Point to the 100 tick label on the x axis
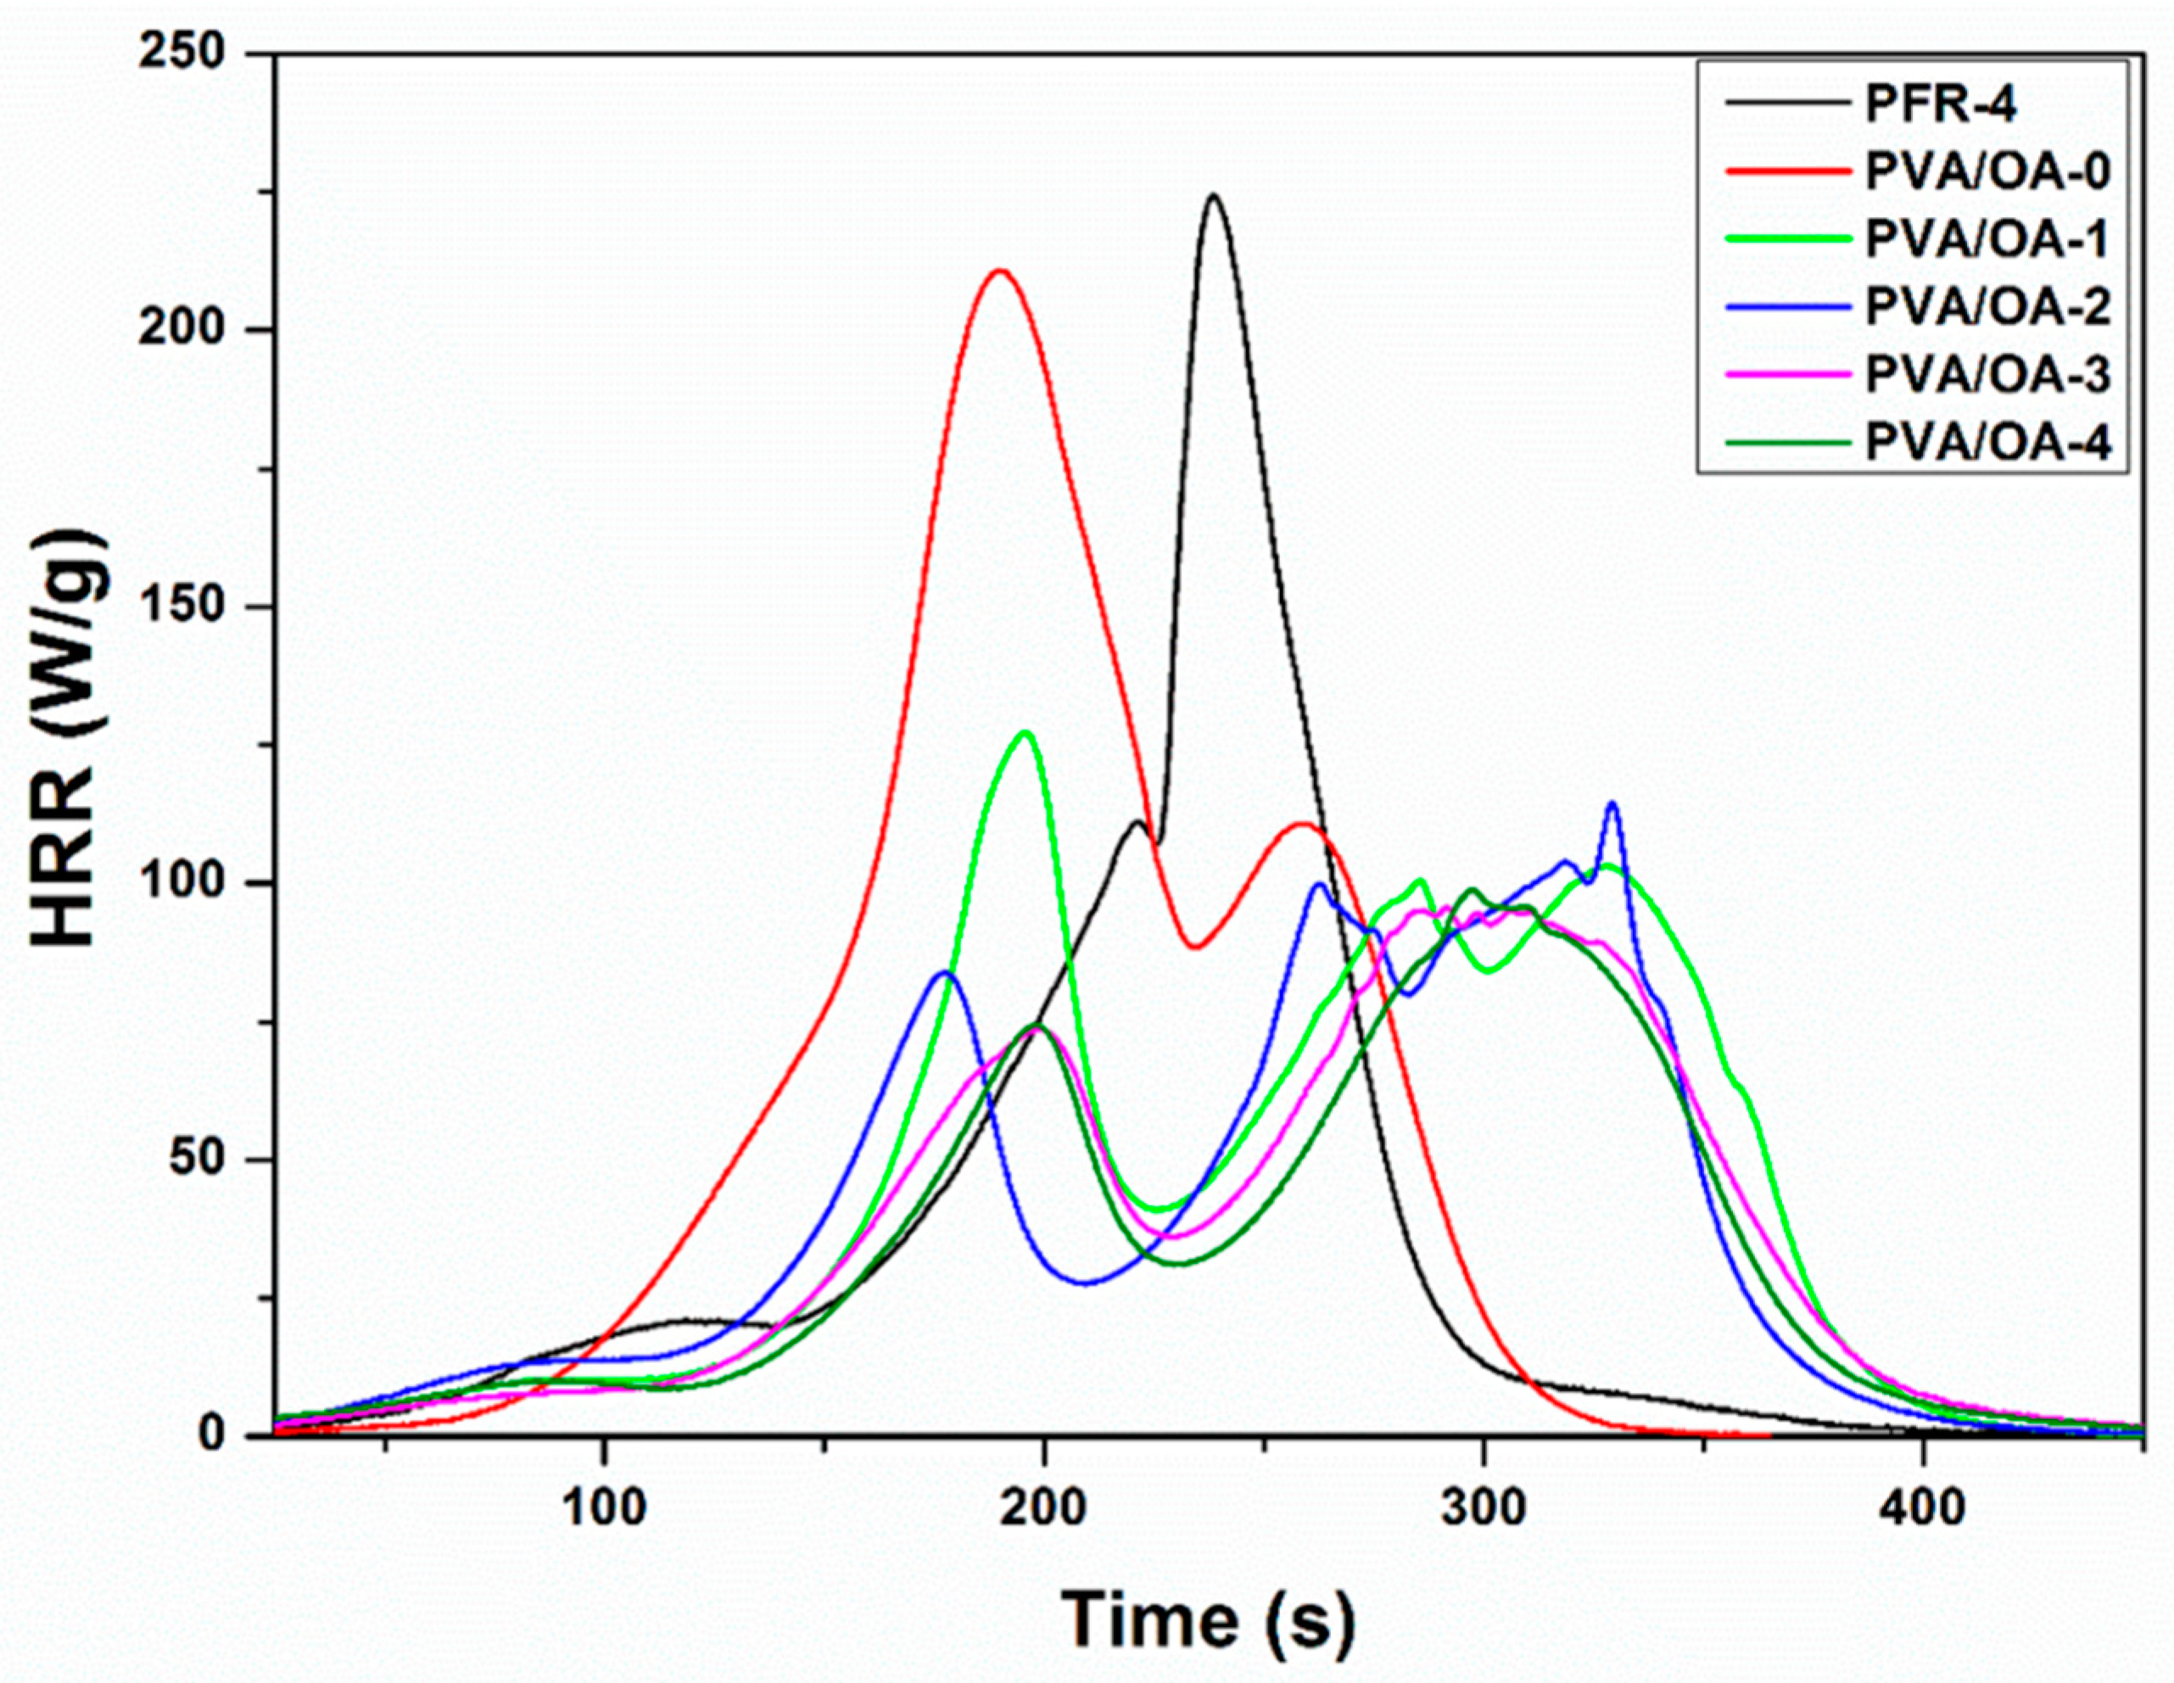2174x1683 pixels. coord(602,1509)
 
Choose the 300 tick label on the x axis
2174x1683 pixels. coord(1484,1509)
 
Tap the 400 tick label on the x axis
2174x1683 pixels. coord(1922,1509)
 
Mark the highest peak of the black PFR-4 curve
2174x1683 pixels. coord(1212,196)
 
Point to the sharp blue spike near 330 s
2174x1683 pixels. coord(1612,804)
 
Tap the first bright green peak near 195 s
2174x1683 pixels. coord(1026,734)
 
